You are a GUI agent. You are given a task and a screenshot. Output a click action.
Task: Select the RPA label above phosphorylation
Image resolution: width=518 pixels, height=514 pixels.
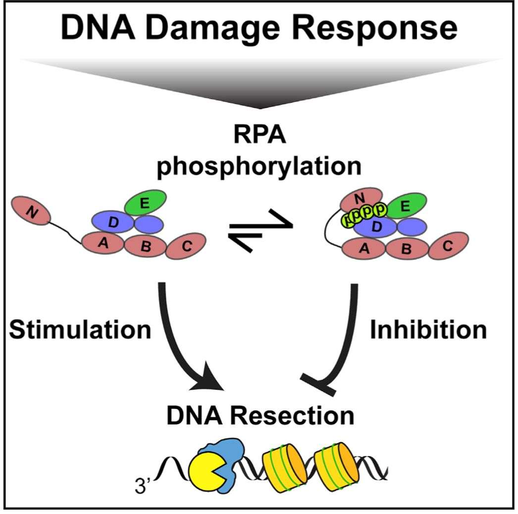(x=259, y=135)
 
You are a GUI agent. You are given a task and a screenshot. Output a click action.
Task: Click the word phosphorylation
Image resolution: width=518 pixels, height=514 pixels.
(x=259, y=166)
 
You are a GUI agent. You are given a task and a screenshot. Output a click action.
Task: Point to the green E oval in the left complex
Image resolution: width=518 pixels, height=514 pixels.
(x=146, y=203)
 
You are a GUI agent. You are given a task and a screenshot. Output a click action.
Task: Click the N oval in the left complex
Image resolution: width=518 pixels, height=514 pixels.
(x=31, y=210)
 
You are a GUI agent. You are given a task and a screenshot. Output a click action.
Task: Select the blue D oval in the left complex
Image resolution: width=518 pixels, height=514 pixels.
(x=112, y=222)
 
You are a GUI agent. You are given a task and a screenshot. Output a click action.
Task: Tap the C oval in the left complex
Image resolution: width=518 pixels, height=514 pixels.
(x=186, y=246)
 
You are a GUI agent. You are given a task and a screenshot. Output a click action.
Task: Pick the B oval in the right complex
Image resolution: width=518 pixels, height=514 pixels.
(x=407, y=248)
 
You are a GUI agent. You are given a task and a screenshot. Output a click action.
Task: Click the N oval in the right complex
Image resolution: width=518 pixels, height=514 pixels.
(x=361, y=199)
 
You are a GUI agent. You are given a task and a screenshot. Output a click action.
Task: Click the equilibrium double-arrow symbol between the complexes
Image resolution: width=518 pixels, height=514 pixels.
(x=260, y=230)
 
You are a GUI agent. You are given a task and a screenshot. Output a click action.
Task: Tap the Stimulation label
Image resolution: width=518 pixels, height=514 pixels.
(x=80, y=329)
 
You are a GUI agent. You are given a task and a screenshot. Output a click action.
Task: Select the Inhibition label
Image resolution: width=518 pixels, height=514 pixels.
(x=428, y=329)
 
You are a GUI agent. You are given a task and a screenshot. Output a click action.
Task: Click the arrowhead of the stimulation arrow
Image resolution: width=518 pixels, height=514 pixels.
(x=208, y=376)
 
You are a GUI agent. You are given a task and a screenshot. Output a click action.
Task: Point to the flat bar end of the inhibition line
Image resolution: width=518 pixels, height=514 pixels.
(x=318, y=384)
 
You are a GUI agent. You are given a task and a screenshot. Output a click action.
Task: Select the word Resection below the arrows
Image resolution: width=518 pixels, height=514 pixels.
(x=292, y=415)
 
